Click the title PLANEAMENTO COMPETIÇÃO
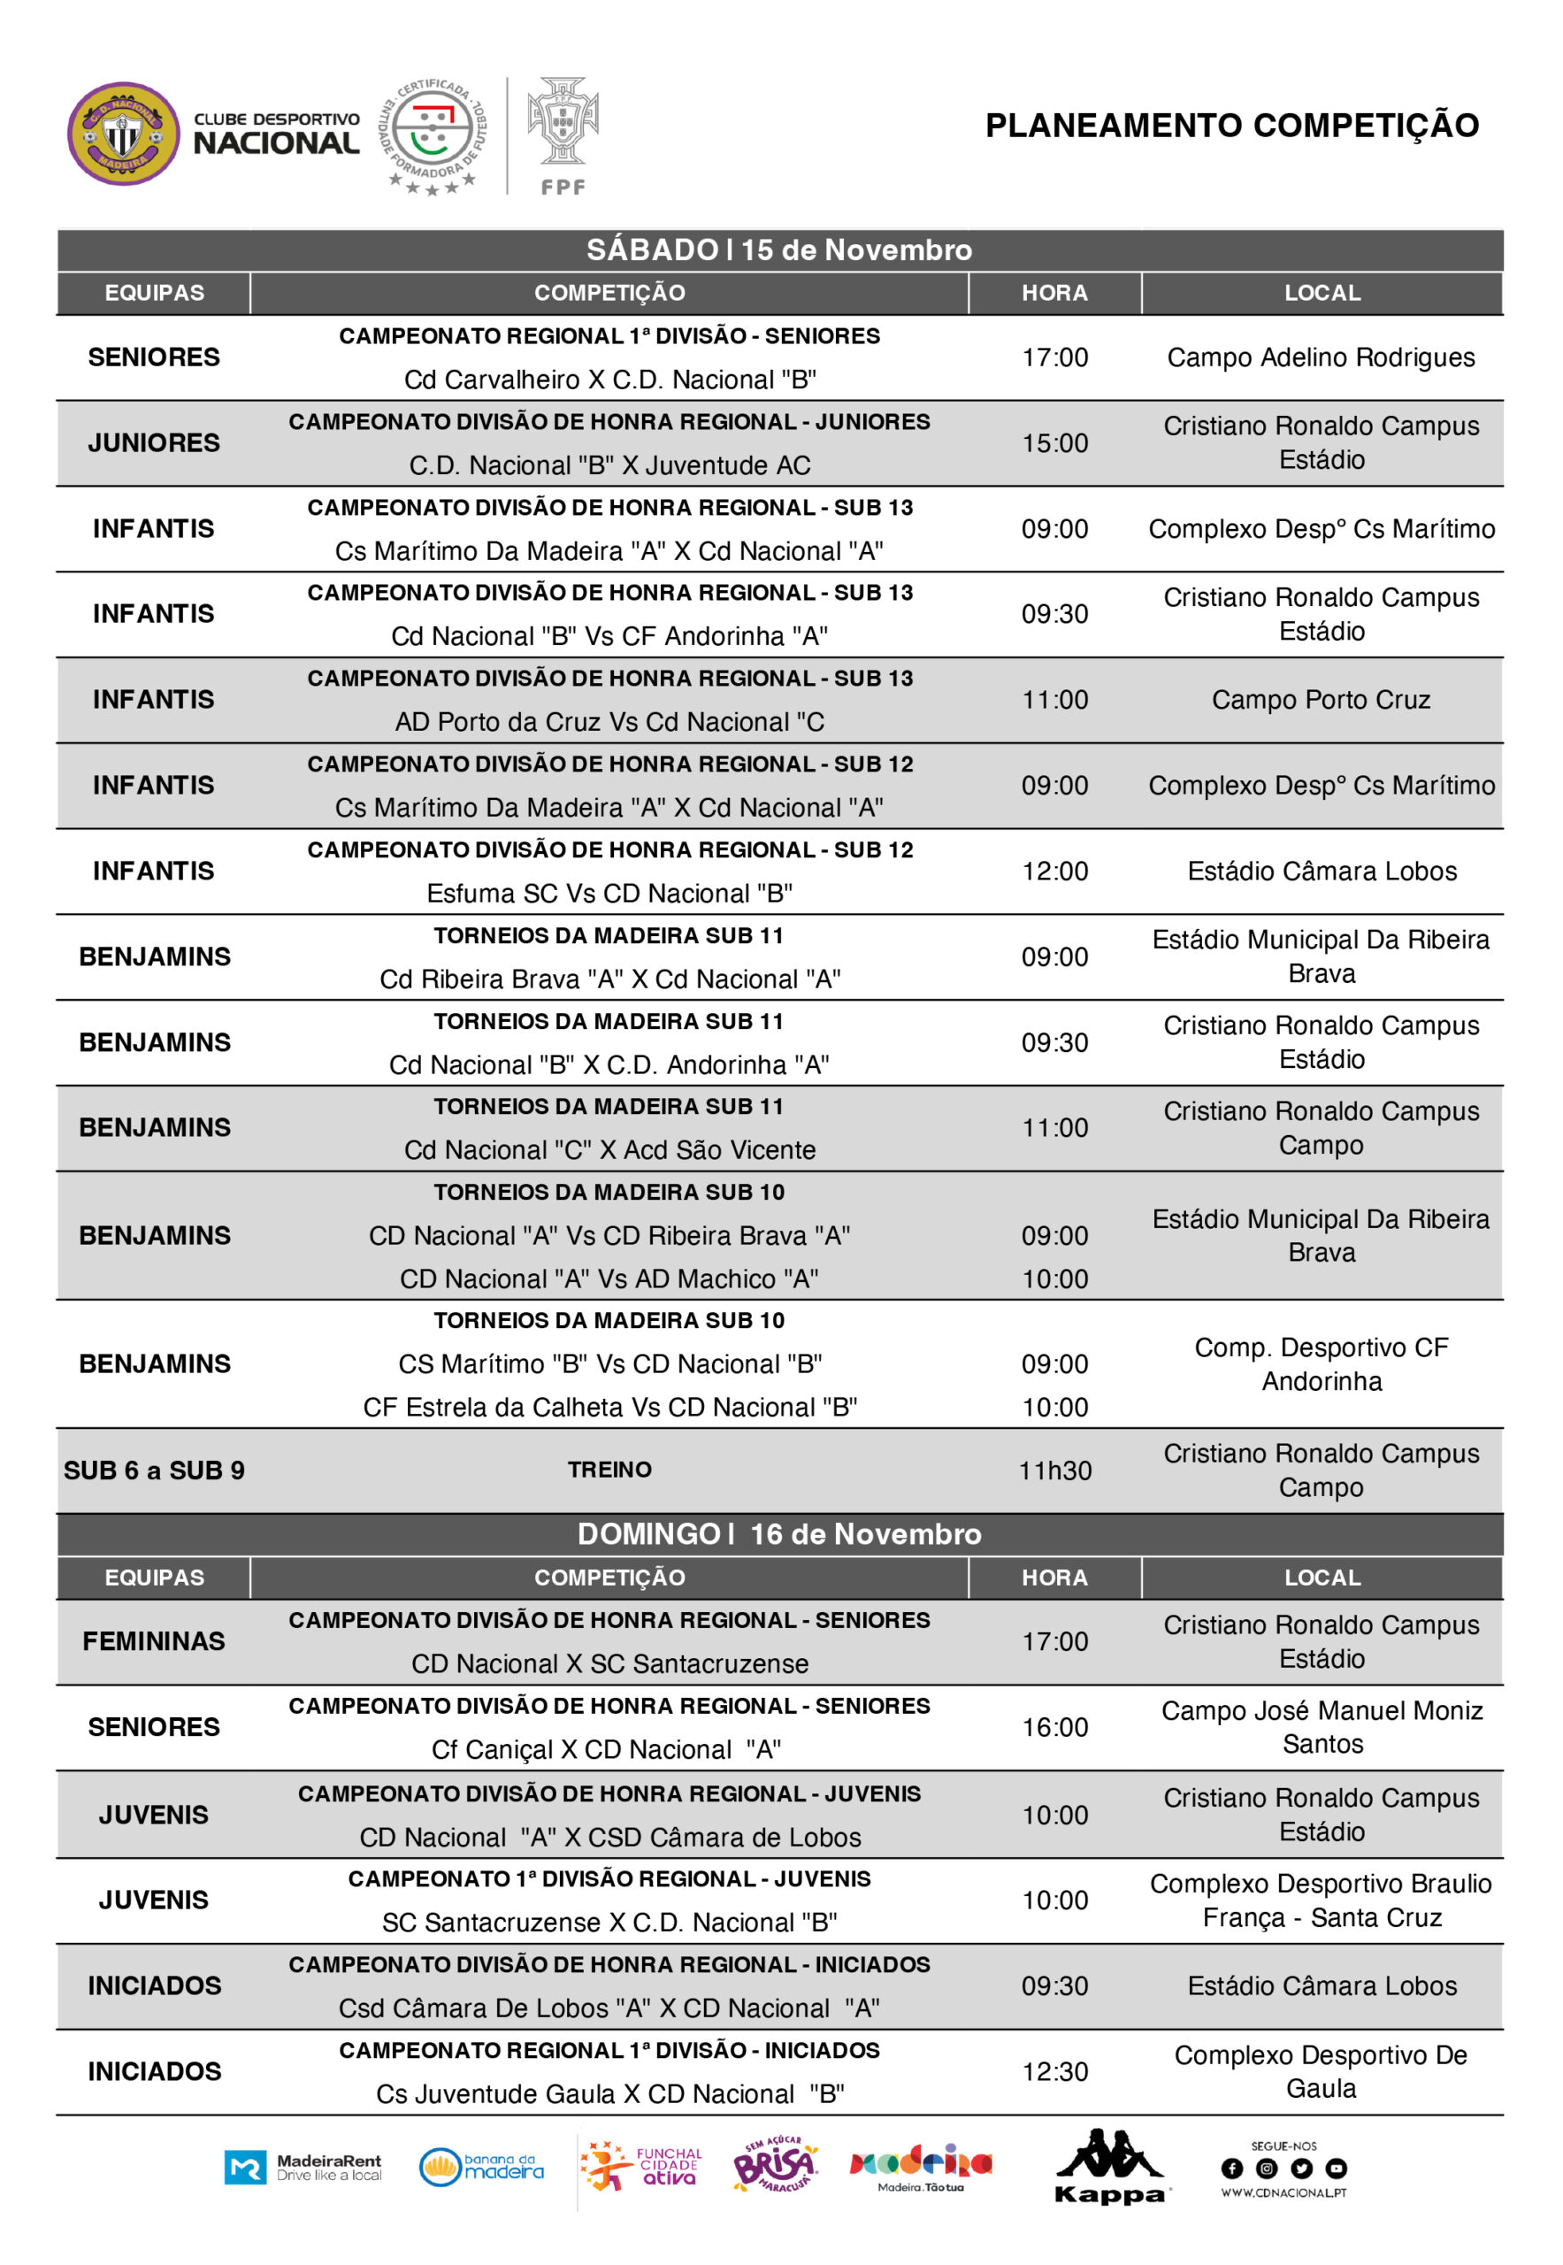pyautogui.click(x=1231, y=126)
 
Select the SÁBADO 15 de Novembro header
pyautogui.click(x=778, y=250)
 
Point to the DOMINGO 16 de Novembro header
pyautogui.click(x=778, y=1533)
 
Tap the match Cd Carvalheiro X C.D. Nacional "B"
pyautogui.click(x=609, y=380)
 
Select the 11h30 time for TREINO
pyautogui.click(x=1054, y=1470)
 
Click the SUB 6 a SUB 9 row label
pyautogui.click(x=154, y=1470)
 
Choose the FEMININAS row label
pyautogui.click(x=154, y=1641)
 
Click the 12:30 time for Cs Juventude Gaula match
pyautogui.click(x=1054, y=2071)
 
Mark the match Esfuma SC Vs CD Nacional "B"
pyautogui.click(x=609, y=894)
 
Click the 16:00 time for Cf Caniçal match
pyautogui.click(x=1054, y=1727)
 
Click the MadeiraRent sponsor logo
pyautogui.click(x=303, y=2167)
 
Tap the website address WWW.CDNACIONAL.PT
pyautogui.click(x=1283, y=2192)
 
